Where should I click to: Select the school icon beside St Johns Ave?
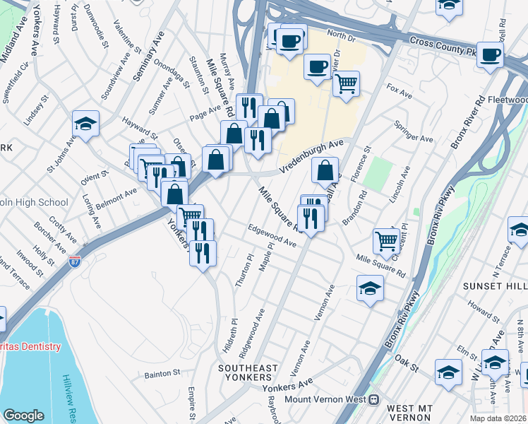pos(85,124)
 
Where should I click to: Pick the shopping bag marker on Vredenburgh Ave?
pos(324,170)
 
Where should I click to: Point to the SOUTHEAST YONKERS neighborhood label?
pos(248,374)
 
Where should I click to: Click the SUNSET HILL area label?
pos(494,285)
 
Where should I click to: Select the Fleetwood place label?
pos(507,100)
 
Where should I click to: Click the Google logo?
pos(24,416)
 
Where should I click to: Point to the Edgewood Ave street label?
pos(271,236)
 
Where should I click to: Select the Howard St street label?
pos(483,312)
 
